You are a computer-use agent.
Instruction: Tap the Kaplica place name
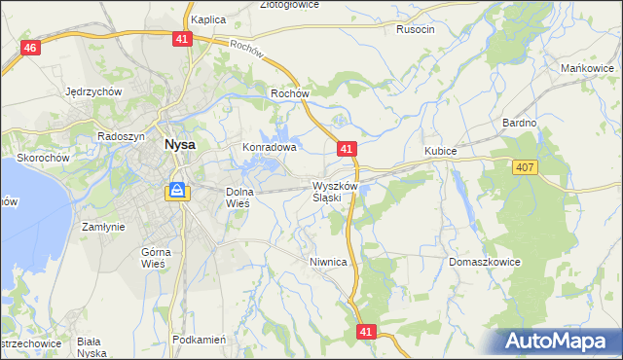coord(209,19)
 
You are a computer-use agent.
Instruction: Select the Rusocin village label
coord(416,29)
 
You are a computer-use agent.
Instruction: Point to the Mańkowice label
coord(587,68)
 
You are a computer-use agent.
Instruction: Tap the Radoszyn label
coord(121,137)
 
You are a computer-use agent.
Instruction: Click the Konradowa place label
coord(269,148)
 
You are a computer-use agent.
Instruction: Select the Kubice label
coord(441,152)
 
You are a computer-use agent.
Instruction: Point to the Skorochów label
coord(42,157)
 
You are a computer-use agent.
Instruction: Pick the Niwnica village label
coord(328,262)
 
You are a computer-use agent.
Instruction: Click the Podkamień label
coord(199,340)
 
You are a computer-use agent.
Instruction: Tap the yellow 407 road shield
coord(525,168)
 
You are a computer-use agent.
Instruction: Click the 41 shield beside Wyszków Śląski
coord(348,149)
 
